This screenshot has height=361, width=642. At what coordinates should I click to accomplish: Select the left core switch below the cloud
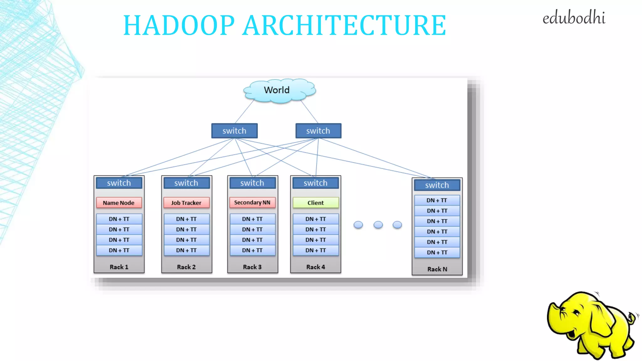point(234,131)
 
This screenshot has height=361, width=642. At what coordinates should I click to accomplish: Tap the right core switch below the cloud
point(318,131)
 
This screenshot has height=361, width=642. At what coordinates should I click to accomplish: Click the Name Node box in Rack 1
point(119,203)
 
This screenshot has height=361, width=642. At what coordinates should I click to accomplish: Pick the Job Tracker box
point(186,203)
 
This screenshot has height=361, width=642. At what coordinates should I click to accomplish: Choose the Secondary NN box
point(252,202)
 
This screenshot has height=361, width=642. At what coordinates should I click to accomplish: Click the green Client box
point(315,203)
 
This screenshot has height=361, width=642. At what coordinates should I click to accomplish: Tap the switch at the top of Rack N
point(437,185)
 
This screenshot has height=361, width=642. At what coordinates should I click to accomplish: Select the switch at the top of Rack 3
point(252,183)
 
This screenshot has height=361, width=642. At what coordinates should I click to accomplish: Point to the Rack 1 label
point(119,267)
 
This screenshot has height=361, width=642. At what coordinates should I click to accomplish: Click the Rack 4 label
point(315,267)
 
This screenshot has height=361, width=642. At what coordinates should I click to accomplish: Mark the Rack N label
point(437,269)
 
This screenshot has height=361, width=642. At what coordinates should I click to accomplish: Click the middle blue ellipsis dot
point(378,225)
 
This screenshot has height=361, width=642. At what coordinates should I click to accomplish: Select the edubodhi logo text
point(574,18)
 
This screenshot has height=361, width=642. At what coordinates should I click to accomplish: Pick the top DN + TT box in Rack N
point(437,200)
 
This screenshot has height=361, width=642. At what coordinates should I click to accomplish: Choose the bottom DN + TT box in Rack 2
point(186,250)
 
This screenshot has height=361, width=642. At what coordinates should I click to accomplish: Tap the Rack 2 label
point(186,267)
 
